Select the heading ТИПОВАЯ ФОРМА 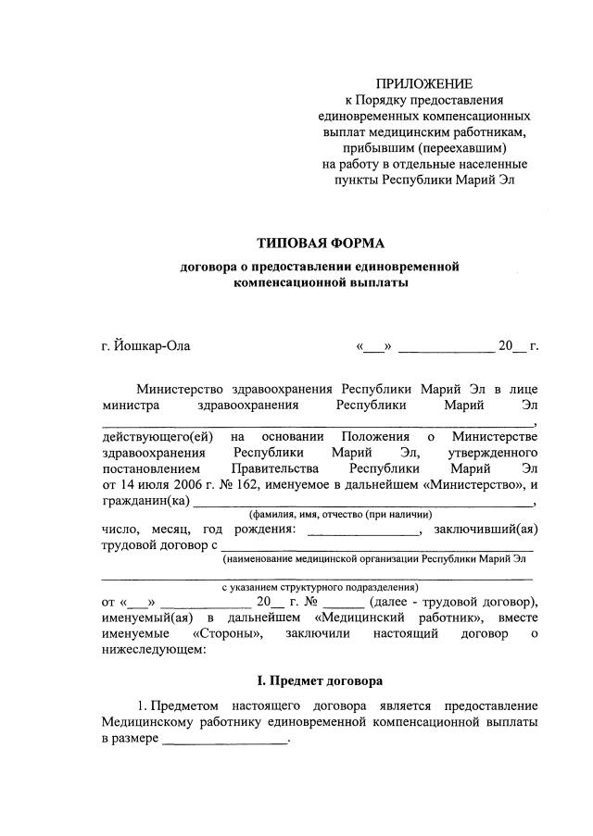[x=320, y=244]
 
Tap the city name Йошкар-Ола [x=152, y=346]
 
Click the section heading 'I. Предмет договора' [x=320, y=680]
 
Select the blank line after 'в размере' [x=225, y=741]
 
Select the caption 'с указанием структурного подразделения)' [x=320, y=587]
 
